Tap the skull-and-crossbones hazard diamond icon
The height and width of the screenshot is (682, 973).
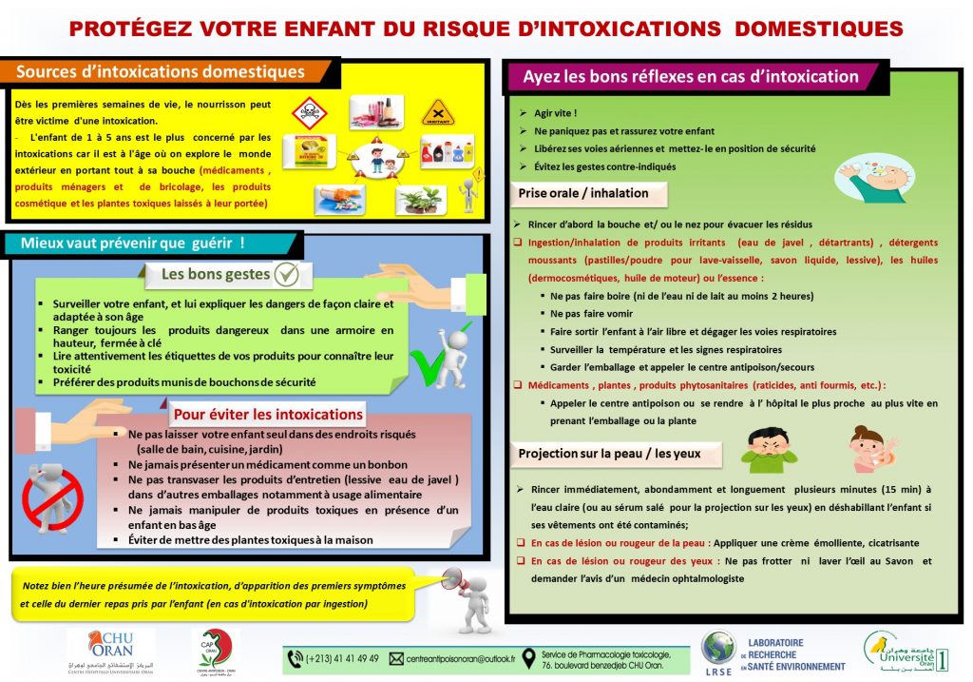click(309, 112)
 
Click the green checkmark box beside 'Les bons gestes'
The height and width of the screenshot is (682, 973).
click(286, 275)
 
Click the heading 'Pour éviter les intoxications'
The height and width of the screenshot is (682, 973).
click(267, 414)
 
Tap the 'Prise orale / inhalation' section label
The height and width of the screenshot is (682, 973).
click(583, 193)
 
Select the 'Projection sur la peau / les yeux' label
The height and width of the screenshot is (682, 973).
click(609, 454)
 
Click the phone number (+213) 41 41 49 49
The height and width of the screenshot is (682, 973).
click(342, 658)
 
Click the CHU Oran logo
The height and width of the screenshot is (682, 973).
click(104, 650)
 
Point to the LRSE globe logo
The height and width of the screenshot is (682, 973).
click(717, 651)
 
